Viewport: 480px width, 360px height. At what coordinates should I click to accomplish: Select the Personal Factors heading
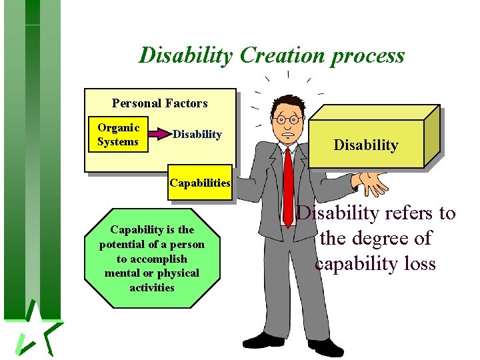(159, 103)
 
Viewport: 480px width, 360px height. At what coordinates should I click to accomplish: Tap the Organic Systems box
(118, 135)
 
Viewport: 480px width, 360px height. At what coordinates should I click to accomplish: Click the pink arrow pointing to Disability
(159, 135)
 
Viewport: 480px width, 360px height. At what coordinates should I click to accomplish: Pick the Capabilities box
(200, 183)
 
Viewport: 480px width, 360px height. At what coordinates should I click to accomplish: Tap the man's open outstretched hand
(371, 181)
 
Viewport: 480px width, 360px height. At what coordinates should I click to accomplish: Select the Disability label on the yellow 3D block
(366, 145)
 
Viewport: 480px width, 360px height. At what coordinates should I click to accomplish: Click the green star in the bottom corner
(37, 330)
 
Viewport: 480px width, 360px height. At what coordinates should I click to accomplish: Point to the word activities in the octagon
(152, 288)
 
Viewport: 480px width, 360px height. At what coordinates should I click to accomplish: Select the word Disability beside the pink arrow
(197, 135)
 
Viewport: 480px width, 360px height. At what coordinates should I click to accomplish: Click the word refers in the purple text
(408, 213)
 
